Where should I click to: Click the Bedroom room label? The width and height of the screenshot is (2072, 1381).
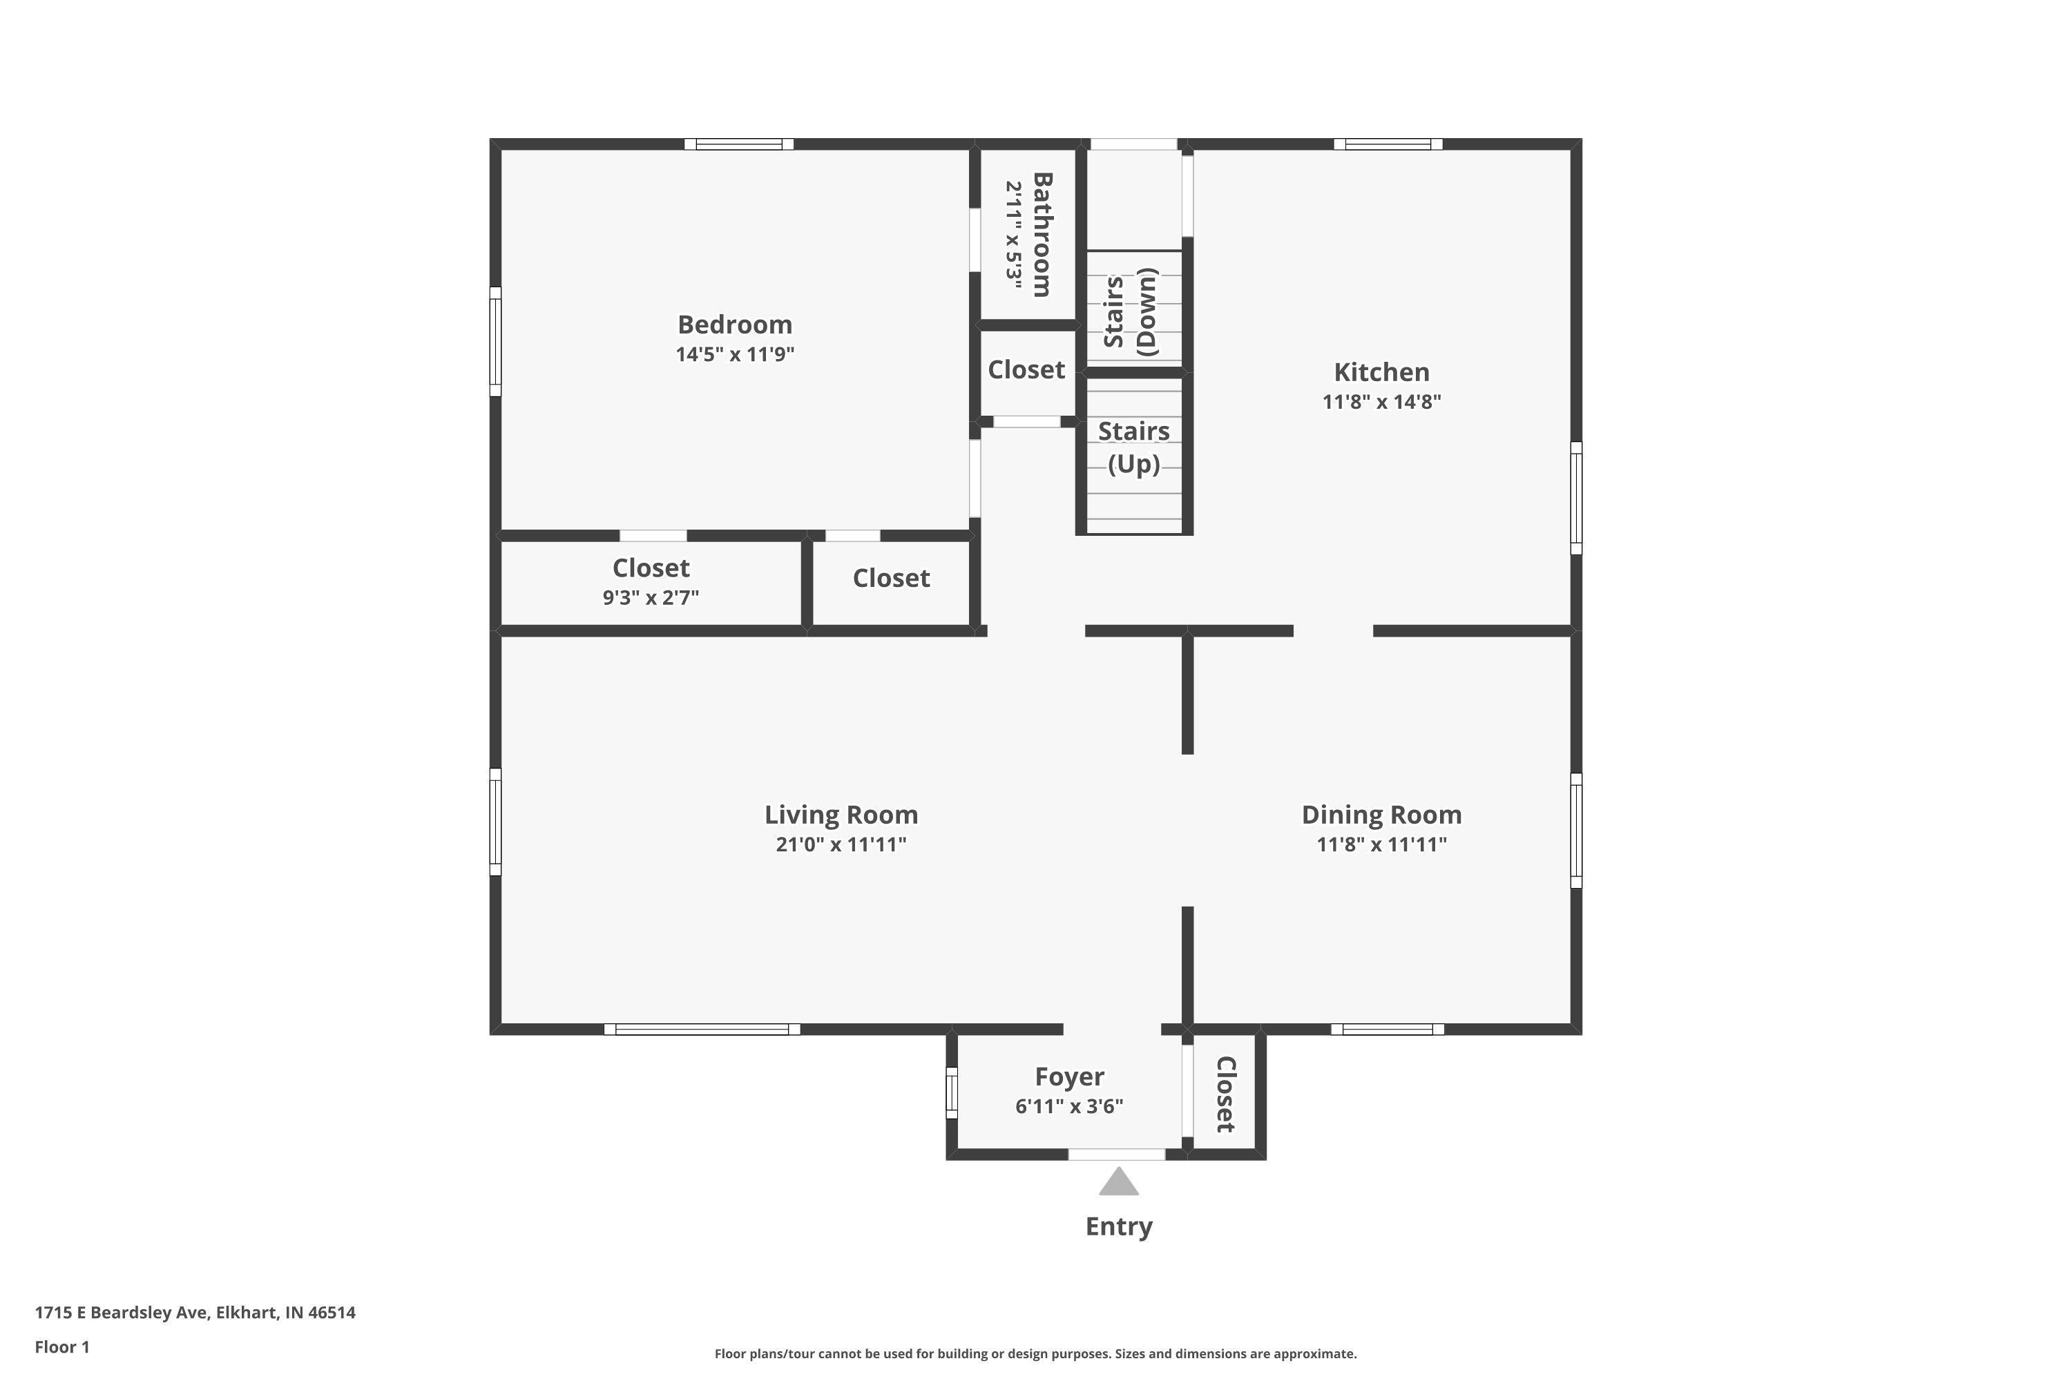click(735, 325)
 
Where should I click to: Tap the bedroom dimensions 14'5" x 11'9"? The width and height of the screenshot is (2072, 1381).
click(735, 354)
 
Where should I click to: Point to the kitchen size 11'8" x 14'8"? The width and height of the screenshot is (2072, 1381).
click(1381, 402)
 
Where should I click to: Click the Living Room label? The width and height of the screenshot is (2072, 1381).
click(841, 815)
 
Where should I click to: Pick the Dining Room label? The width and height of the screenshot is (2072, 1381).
click(1381, 815)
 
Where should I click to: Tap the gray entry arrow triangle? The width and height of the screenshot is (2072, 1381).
click(1119, 1182)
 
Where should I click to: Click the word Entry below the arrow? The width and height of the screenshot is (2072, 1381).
click(1119, 1227)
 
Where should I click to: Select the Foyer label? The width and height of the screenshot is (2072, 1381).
click(1069, 1076)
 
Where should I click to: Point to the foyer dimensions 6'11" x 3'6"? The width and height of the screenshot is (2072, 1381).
click(1069, 1106)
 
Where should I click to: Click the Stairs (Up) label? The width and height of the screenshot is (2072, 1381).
click(1134, 447)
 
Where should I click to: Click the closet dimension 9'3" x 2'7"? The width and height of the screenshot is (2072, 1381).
click(651, 598)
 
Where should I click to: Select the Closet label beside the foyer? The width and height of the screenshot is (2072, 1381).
click(1225, 1094)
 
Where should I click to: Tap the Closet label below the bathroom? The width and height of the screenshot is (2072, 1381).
click(1026, 370)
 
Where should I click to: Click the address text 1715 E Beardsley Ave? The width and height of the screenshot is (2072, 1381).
click(122, 1313)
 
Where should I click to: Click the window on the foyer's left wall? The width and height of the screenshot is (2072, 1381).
click(952, 1093)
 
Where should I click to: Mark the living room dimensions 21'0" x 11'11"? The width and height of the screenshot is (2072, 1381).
click(841, 844)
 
